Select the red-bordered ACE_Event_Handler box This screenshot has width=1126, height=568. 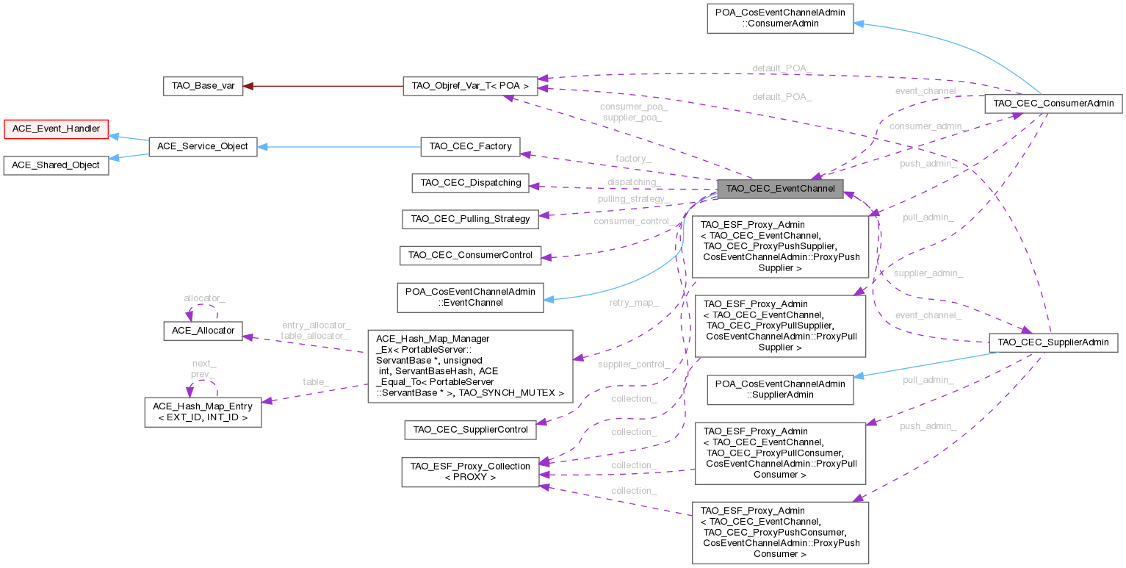55,128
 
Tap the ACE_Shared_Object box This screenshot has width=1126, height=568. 55,165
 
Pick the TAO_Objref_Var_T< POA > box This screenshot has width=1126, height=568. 470,86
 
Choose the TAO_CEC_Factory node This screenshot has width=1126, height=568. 470,146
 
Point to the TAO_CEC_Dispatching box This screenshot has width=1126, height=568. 470,182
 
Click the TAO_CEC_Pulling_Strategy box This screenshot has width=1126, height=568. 470,218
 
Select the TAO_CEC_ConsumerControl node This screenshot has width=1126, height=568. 470,255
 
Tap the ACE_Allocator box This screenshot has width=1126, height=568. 203,331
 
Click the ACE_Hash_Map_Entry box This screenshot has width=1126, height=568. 203,412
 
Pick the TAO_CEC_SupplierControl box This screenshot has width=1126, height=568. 470,429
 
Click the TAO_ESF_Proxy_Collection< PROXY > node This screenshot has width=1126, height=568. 470,471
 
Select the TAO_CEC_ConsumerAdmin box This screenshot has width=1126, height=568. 1053,104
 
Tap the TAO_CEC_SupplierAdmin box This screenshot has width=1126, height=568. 1053,342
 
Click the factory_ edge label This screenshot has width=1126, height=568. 633,159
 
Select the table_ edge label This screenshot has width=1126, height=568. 316,381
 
